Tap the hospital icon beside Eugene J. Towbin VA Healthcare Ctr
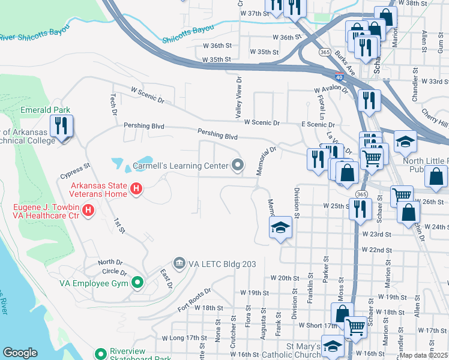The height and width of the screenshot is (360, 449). click(x=88, y=210)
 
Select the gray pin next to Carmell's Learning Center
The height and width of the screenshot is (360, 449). click(x=238, y=165)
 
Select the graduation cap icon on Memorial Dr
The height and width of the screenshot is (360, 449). click(x=280, y=228)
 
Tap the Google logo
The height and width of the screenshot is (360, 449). click(x=20, y=353)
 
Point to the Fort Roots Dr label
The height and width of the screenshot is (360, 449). click(x=194, y=299)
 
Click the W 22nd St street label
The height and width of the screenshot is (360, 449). click(x=376, y=250)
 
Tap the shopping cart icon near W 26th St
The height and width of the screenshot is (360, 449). click(x=401, y=195)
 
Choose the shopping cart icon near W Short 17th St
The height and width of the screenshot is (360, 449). click(x=356, y=327)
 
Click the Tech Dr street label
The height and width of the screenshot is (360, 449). click(x=112, y=104)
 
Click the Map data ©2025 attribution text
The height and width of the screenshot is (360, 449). click(x=424, y=355)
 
